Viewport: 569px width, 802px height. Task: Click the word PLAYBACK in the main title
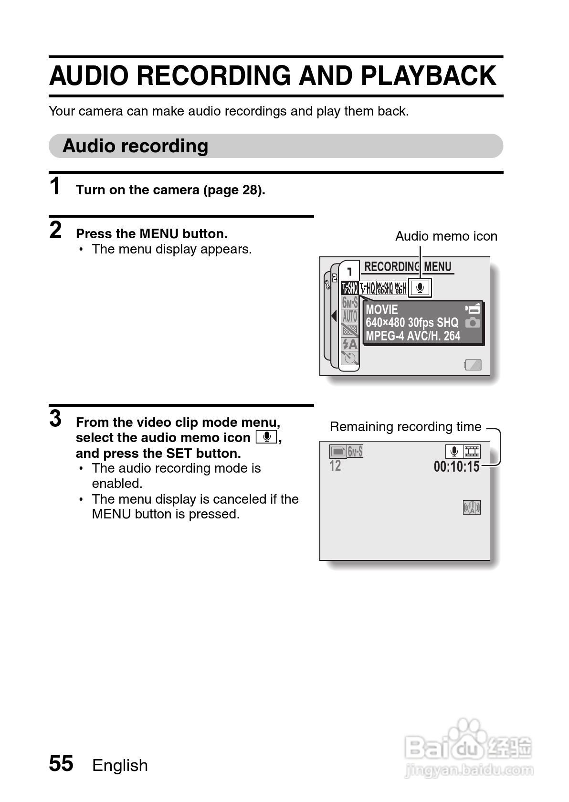[428, 76]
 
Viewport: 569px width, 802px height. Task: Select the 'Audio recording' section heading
[135, 146]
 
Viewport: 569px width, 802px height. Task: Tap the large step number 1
[56, 186]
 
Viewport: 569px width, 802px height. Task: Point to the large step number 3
[56, 419]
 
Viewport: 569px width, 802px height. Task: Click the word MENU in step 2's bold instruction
[159, 234]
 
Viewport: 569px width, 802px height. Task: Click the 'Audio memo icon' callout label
[446, 236]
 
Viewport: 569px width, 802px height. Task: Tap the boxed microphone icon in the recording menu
[420, 288]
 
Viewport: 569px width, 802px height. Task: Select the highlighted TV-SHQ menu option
[349, 288]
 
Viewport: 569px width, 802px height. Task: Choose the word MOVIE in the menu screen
[382, 309]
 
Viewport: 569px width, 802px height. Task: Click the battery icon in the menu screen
[473, 365]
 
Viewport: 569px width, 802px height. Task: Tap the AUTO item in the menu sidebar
[350, 316]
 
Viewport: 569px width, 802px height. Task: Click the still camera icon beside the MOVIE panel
[473, 323]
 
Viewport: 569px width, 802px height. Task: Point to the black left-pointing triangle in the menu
[334, 316]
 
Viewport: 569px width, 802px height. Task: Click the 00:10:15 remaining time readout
[456, 466]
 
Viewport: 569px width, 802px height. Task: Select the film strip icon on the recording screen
[472, 451]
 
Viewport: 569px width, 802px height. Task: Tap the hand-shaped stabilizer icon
[472, 507]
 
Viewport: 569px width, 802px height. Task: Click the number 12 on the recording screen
[335, 465]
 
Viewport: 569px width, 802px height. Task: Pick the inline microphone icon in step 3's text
[266, 437]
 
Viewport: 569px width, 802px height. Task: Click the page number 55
[61, 763]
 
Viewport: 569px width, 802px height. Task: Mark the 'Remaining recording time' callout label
[405, 427]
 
